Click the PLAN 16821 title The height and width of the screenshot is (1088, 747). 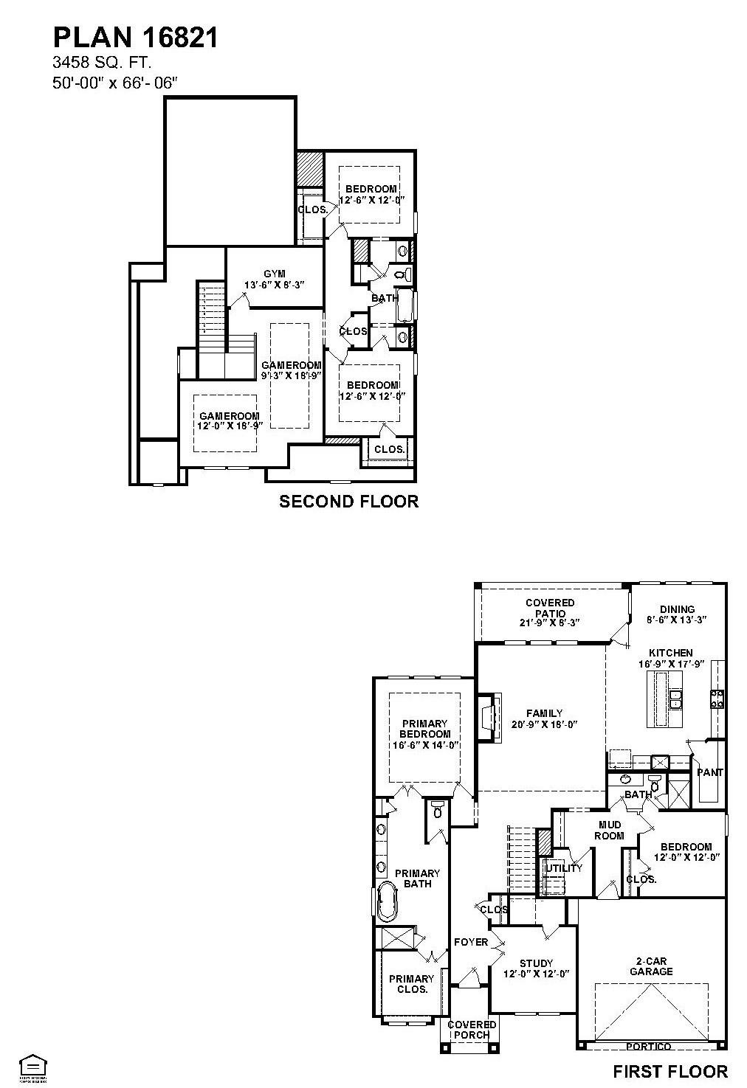135,37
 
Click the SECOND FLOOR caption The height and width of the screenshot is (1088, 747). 348,502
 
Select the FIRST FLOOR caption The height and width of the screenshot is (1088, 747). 670,1071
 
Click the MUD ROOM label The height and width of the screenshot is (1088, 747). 609,830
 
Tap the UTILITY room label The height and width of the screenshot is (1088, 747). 564,867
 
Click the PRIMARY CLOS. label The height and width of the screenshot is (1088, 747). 412,984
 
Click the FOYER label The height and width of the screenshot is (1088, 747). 470,942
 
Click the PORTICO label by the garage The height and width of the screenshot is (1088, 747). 649,1046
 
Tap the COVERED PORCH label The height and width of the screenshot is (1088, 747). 472,1029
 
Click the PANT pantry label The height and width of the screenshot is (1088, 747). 710,772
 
